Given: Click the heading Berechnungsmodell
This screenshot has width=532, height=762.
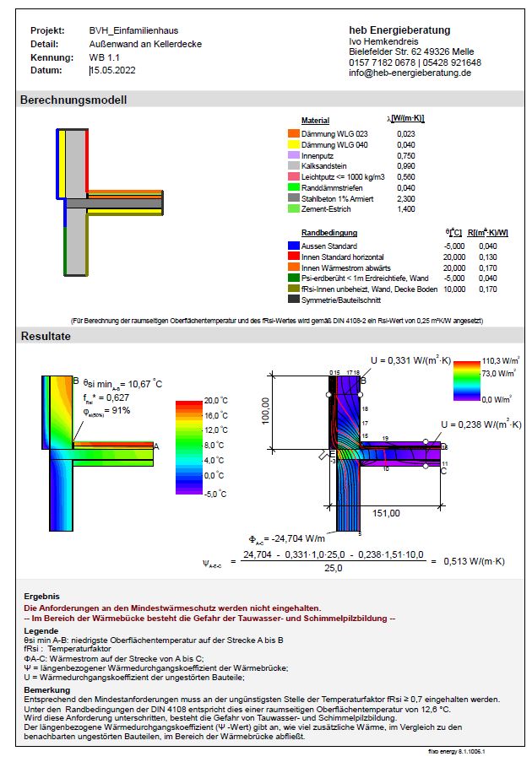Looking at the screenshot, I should (73, 100).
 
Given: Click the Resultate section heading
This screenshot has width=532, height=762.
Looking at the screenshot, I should (46, 337).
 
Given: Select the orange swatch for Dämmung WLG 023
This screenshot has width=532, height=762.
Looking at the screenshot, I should (294, 134).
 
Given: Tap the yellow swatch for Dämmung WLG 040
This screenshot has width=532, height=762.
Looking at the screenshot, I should (294, 145).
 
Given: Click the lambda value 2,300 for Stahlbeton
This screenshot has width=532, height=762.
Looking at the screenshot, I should (405, 198).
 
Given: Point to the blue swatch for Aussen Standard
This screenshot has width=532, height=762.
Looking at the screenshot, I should (294, 246).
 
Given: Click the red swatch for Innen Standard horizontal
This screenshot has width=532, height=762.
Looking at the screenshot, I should (294, 257).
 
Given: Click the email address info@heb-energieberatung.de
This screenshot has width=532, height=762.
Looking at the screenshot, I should (410, 73).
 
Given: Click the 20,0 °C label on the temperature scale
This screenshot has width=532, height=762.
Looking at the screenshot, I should (217, 401).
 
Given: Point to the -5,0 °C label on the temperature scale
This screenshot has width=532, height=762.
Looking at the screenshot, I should (217, 494).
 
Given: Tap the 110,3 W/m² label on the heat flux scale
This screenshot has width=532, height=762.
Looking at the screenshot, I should (497, 360).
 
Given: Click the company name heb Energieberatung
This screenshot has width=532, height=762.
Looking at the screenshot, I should (399, 30).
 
